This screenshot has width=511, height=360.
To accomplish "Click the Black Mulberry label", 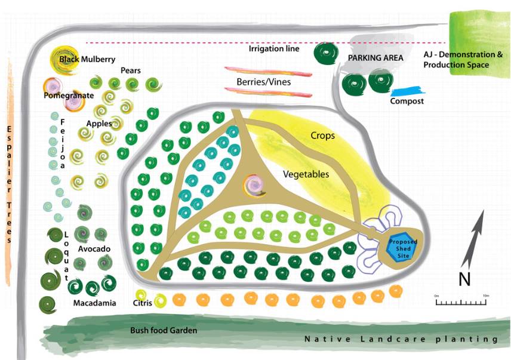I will [87, 60].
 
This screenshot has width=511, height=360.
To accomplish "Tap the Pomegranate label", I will [69, 96].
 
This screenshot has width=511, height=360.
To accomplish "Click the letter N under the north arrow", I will [464, 278].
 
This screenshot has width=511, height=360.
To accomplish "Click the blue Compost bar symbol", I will [407, 91].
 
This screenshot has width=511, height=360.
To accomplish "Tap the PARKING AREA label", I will [376, 58].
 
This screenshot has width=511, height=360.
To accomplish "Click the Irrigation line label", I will [274, 49].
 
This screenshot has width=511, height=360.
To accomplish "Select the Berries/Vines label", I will [263, 82].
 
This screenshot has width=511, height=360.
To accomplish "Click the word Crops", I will [322, 136].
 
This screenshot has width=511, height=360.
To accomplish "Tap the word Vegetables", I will [306, 174].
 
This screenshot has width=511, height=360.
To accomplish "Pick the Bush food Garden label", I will [164, 330].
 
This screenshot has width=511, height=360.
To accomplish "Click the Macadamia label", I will [94, 303].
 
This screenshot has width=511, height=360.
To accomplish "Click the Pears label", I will [130, 70].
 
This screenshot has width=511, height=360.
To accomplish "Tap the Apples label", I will [98, 124].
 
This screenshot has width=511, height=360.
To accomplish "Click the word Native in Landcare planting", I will [322, 339].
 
